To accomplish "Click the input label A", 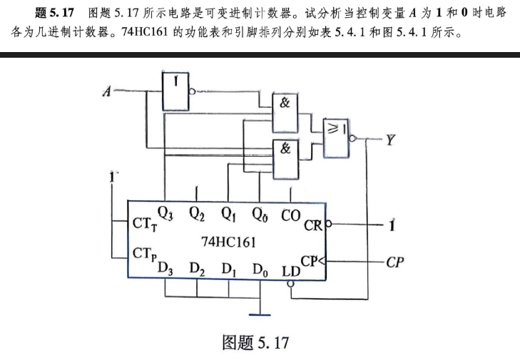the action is (x=107, y=91).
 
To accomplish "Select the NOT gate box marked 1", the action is (x=175, y=91).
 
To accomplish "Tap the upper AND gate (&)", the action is (x=285, y=113).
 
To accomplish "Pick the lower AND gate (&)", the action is (x=285, y=160).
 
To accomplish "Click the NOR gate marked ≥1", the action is (x=336, y=138).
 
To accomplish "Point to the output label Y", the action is (x=390, y=140).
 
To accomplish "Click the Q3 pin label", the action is (x=165, y=213).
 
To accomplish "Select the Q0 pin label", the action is (x=260, y=214).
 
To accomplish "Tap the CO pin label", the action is (x=290, y=215).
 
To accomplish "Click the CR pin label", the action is (x=313, y=226).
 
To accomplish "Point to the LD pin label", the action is (x=291, y=272).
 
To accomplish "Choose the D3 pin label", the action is (x=165, y=268).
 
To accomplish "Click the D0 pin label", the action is (x=260, y=269).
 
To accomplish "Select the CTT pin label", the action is (x=145, y=224).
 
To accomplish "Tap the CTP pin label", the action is (x=144, y=254).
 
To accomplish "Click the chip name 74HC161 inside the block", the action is (x=228, y=242).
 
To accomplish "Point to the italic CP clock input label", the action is (x=395, y=262).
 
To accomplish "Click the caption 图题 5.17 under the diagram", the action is (x=255, y=342).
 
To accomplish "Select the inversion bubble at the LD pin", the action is (x=290, y=284).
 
